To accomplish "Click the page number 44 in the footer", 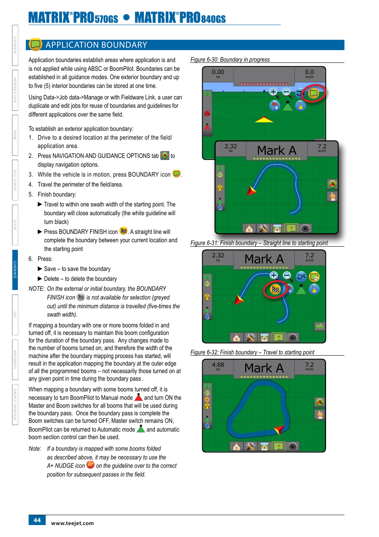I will (37, 520).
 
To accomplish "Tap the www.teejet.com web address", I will (72, 523).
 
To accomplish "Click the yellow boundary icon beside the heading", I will (36, 44).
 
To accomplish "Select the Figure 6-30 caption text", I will (230, 60).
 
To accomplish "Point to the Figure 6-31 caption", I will (259, 243).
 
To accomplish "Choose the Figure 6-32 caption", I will (252, 352).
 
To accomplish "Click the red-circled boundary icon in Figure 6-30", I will (313, 93).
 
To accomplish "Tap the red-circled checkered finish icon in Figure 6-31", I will (275, 289).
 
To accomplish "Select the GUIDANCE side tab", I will (15, 270).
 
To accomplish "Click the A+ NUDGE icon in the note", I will (91, 465).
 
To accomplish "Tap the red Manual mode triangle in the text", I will (138, 397).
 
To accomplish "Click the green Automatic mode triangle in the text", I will (141, 429).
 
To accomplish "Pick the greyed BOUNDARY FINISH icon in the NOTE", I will (81, 297).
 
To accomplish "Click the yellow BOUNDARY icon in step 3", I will (176, 174).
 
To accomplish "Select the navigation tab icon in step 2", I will (164, 156).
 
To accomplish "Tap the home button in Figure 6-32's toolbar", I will (236, 446).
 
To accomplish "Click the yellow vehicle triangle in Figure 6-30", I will (264, 120).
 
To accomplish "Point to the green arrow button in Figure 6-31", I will (319, 327).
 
